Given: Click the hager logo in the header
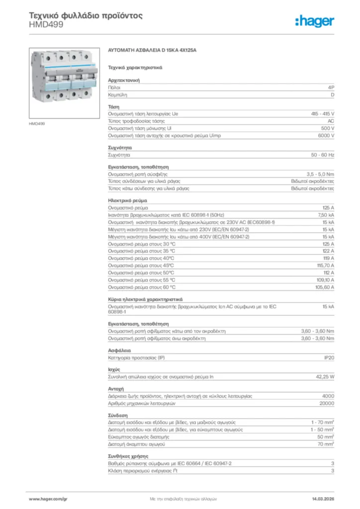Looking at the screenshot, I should pyautogui.click(x=314, y=21).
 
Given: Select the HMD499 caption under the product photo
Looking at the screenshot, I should pyautogui.click(x=37, y=123).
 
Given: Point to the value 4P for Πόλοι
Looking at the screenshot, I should pyautogui.click(x=331, y=87).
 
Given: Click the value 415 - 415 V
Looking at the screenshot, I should pyautogui.click(x=323, y=114).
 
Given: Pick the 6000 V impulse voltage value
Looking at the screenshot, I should pyautogui.click(x=326, y=135).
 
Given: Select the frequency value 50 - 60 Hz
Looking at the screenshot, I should pyautogui.click(x=323, y=156).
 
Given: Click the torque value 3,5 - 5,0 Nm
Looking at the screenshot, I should pyautogui.click(x=321, y=174).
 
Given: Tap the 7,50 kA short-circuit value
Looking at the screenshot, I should pyautogui.click(x=326, y=214).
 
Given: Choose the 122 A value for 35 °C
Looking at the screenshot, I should pyautogui.click(x=328, y=251).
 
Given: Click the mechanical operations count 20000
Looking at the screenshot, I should pyautogui.click(x=326, y=403).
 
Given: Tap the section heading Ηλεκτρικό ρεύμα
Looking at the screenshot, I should pyautogui.click(x=127, y=200).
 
